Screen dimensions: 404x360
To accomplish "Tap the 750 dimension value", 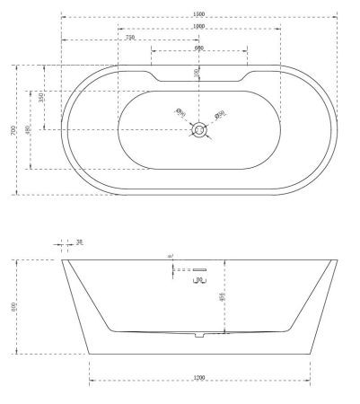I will pyautogui.click(x=130, y=38).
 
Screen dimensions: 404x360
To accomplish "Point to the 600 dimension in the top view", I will pyautogui.click(x=198, y=48).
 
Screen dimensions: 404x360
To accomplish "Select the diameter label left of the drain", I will pyautogui.click(x=180, y=113).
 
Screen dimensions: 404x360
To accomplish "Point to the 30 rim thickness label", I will pyautogui.click(x=79, y=242).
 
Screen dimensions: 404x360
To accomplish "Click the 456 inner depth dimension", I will pyautogui.click(x=222, y=296).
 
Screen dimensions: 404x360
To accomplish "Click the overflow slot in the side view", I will pyautogui.click(x=198, y=268).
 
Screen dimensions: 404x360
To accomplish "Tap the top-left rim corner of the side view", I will pyautogui.click(x=63, y=260).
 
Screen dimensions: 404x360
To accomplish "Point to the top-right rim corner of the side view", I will pyautogui.click(x=336, y=260).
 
